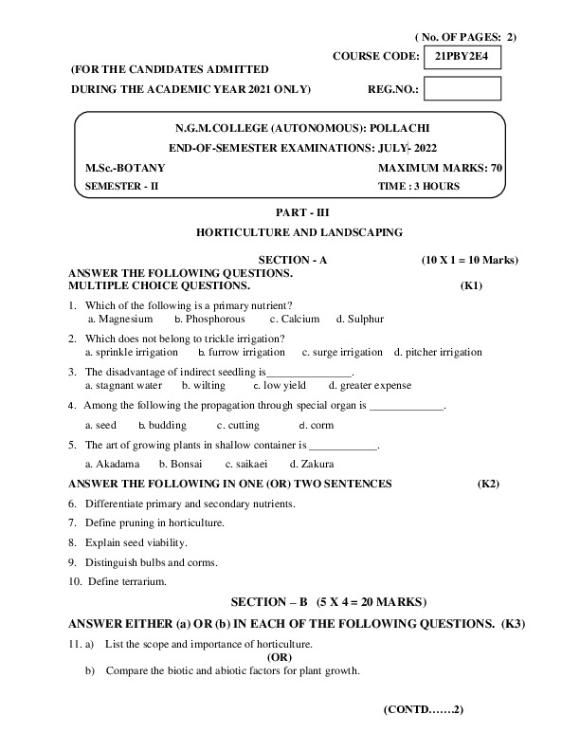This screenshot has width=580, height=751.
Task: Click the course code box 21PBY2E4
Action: [462, 58]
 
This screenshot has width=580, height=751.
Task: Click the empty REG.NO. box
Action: [462, 89]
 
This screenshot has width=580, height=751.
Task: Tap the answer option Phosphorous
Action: [215, 320]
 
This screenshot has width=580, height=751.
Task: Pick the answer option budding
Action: [168, 425]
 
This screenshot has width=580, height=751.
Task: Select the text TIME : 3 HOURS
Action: [419, 187]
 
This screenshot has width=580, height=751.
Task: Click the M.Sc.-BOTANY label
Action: [118, 168]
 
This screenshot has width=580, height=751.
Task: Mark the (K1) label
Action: [471, 284]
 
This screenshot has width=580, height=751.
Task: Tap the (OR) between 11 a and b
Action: [280, 656]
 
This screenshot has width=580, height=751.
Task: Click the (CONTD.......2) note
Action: [424, 708]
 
